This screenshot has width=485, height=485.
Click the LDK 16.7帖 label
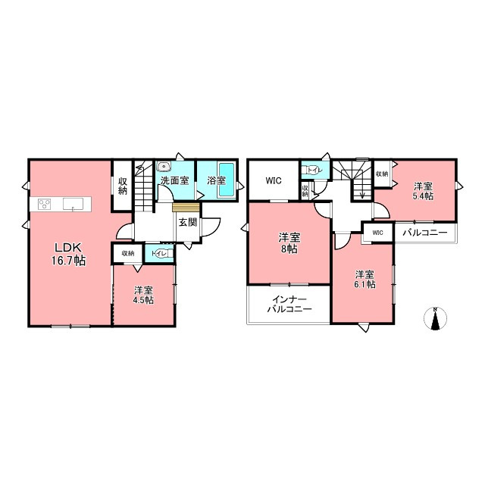[x=69, y=254]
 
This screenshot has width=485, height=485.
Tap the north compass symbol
[x=435, y=318]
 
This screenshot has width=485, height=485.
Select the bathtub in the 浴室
[x=227, y=180]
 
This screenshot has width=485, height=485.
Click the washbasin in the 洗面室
[x=164, y=167]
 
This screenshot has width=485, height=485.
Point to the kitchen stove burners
[x=45, y=204]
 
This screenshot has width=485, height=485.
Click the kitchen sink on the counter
[x=73, y=204]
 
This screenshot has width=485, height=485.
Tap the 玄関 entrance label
[x=188, y=222]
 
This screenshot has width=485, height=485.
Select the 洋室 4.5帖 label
[x=143, y=295]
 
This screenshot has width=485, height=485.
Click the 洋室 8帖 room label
[x=289, y=243]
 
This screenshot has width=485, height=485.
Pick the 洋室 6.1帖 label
[x=365, y=280]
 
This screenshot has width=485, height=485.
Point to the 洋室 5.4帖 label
[x=423, y=191]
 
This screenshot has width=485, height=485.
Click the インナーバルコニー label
[x=289, y=305]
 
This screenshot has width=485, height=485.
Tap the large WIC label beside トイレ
[x=274, y=180]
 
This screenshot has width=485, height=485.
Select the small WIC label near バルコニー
[x=377, y=233]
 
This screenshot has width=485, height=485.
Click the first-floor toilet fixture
[x=160, y=253]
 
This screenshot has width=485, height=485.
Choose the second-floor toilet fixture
[x=312, y=170]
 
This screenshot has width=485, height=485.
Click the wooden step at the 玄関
[x=186, y=207]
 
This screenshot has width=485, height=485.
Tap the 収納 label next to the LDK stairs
[x=123, y=186]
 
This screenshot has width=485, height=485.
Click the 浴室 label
[x=216, y=180]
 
